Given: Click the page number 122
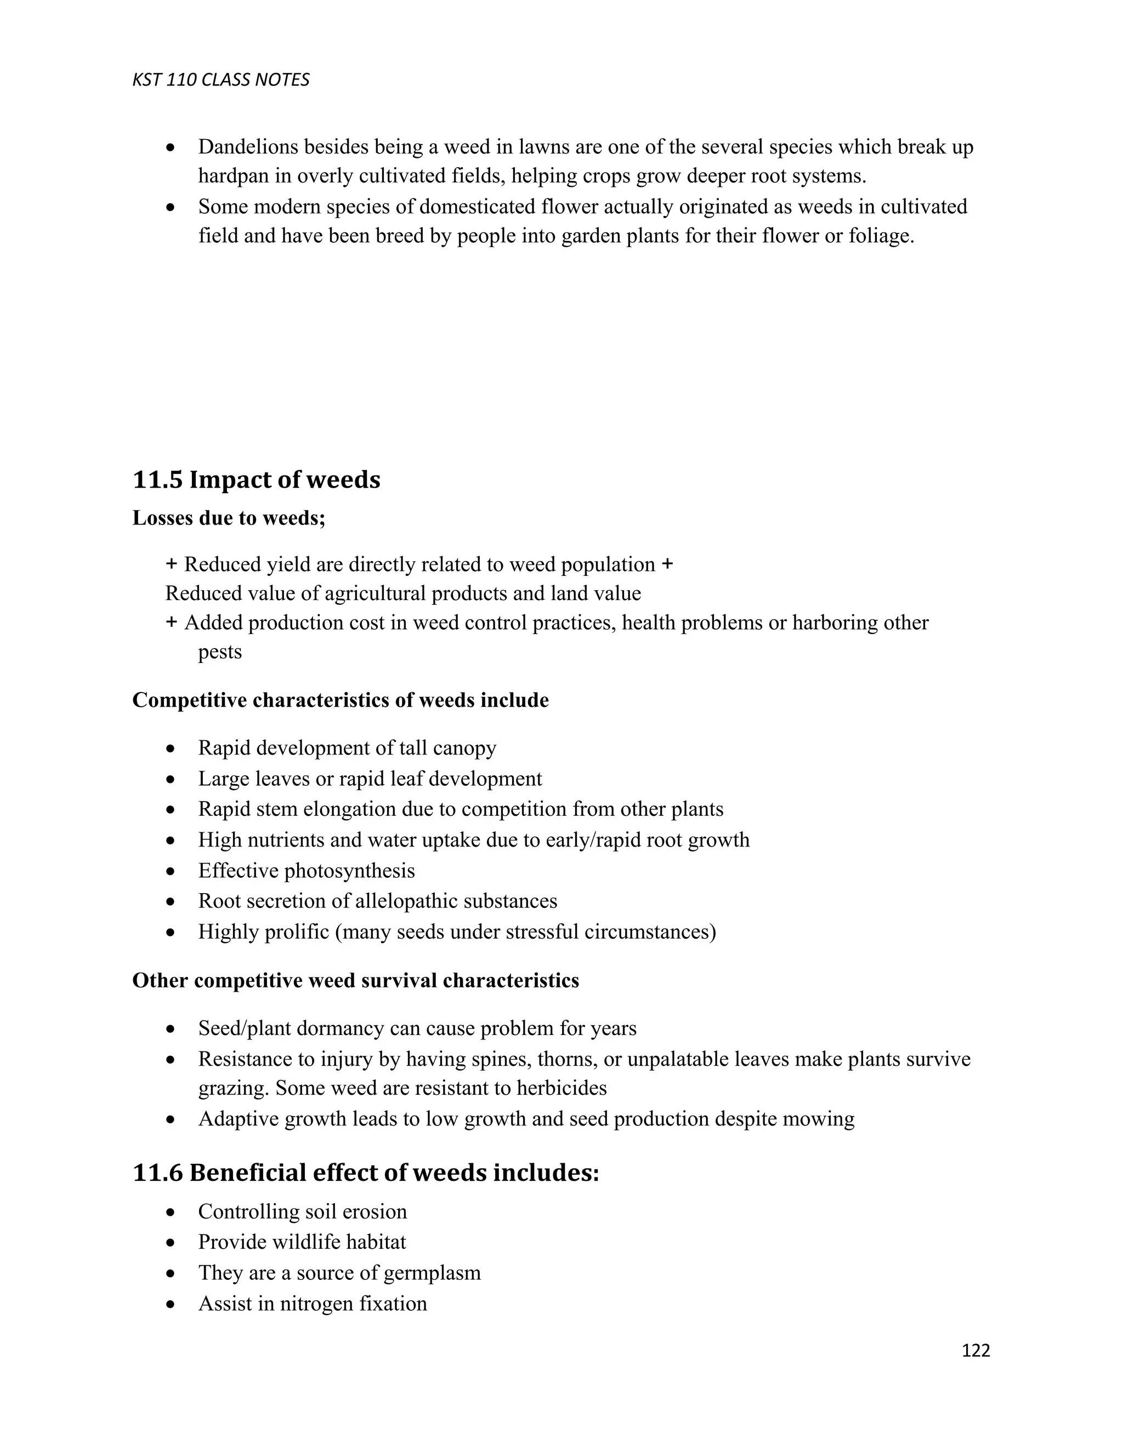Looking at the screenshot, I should coord(975,1350).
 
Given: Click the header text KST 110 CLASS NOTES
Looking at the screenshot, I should coord(221,80).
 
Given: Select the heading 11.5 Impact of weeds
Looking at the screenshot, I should coord(256,479).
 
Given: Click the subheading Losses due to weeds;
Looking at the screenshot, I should coord(229,517).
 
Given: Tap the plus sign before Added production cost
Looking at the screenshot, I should coord(171,622).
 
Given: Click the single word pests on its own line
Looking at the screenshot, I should coord(219,651).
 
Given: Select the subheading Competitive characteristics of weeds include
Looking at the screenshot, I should coord(340,700).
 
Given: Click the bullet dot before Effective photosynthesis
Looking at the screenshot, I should coord(171,871).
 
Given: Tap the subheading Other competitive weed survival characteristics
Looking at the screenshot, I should coord(355,981).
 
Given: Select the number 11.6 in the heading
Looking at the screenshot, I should coord(158,1173).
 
